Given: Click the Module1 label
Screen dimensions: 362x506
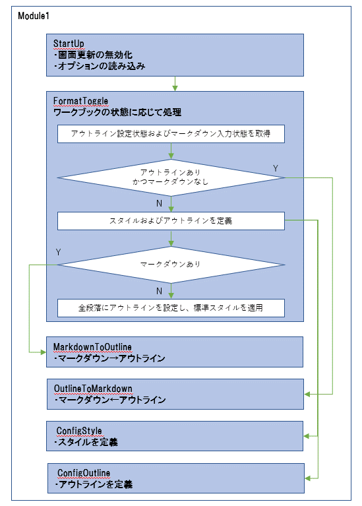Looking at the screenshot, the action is coord(34,15).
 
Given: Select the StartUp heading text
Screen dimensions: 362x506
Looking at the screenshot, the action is coord(69,44).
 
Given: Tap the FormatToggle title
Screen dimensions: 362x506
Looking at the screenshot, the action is coord(80,101).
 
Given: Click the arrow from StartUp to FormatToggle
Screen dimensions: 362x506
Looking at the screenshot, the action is coord(175,84).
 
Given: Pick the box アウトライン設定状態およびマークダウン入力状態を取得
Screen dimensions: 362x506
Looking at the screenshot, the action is coord(171,134).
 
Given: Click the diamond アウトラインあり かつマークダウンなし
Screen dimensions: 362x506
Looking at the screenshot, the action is coord(171,177).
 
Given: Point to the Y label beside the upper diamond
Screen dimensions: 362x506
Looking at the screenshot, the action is coord(275,168).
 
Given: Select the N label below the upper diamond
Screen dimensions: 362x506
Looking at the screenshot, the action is coord(159,203).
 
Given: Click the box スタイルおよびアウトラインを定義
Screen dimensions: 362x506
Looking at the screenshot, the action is coord(171,221).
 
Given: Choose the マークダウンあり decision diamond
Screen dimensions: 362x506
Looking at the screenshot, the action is coord(171,265).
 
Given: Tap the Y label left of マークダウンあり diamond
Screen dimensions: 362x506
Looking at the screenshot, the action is coord(59,252).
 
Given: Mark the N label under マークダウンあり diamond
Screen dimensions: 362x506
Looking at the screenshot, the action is coord(159,291).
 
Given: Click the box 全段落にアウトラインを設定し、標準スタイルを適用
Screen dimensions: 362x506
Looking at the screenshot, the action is coord(171,308).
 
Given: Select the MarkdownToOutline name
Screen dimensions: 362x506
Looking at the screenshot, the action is coord(92,347).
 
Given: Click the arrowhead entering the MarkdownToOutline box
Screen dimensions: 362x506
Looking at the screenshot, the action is coord(44,352).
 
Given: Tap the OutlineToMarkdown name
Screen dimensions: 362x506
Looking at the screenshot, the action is coord(93,389).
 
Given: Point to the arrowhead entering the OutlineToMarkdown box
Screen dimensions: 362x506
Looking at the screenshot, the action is coord(307,394).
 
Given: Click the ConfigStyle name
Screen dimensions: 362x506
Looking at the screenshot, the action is coord(79,431).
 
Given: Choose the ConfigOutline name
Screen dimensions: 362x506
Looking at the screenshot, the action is coord(84,473).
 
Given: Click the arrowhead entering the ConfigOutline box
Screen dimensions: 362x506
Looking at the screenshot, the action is coord(308,478).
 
